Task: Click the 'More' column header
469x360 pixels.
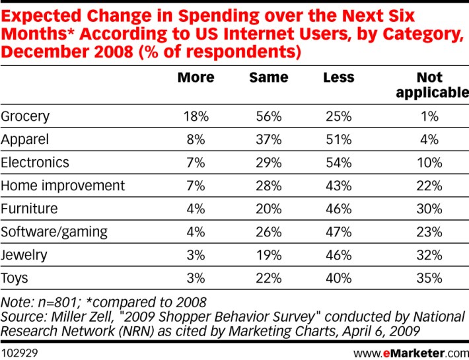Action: click(x=196, y=77)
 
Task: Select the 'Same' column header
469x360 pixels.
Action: click(x=268, y=77)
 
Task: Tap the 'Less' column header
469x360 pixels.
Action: click(x=338, y=77)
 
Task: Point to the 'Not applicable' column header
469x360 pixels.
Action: click(x=431, y=85)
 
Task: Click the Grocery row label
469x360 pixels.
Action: click(x=26, y=116)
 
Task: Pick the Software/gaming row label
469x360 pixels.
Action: click(x=54, y=232)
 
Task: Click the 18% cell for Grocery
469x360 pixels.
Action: click(x=196, y=116)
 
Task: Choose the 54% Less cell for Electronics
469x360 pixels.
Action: click(x=338, y=162)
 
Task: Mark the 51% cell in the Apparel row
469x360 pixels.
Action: click(x=338, y=139)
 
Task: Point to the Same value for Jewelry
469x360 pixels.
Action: click(x=268, y=255)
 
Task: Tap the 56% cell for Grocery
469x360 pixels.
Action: click(x=268, y=116)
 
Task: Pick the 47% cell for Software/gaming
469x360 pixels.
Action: click(x=338, y=232)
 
